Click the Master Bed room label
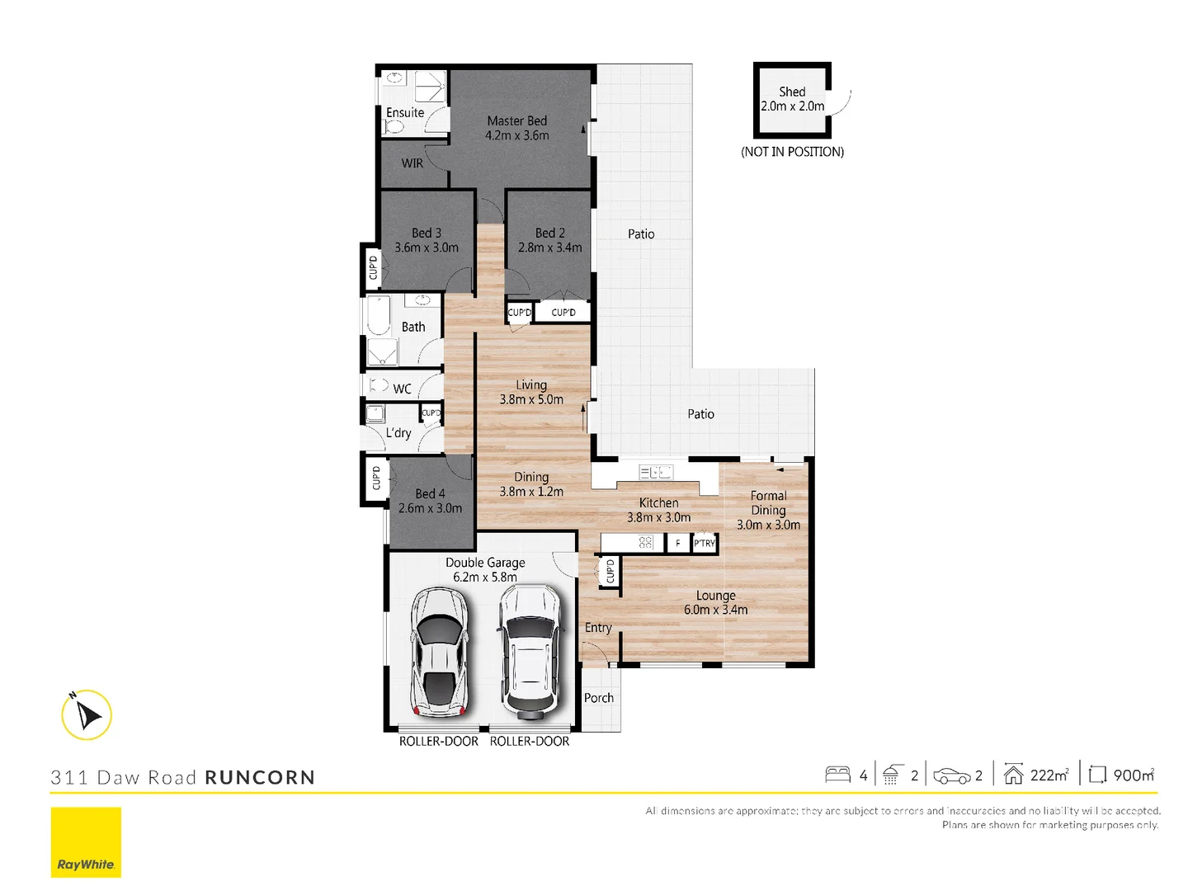(x=517, y=121)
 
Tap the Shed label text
(x=792, y=92)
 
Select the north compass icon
(x=87, y=714)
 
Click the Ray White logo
(x=86, y=842)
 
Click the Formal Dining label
(x=768, y=502)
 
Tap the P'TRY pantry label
(x=705, y=544)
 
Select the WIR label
(x=412, y=163)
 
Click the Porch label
(x=599, y=698)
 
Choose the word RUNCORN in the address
(x=260, y=777)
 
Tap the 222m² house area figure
(x=1049, y=775)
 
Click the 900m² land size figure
(x=1134, y=775)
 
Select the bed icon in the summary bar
(x=837, y=775)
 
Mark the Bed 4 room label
(x=430, y=493)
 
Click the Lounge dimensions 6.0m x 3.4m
(x=716, y=610)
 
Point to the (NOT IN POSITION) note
(x=792, y=152)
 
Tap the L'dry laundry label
(x=398, y=433)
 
